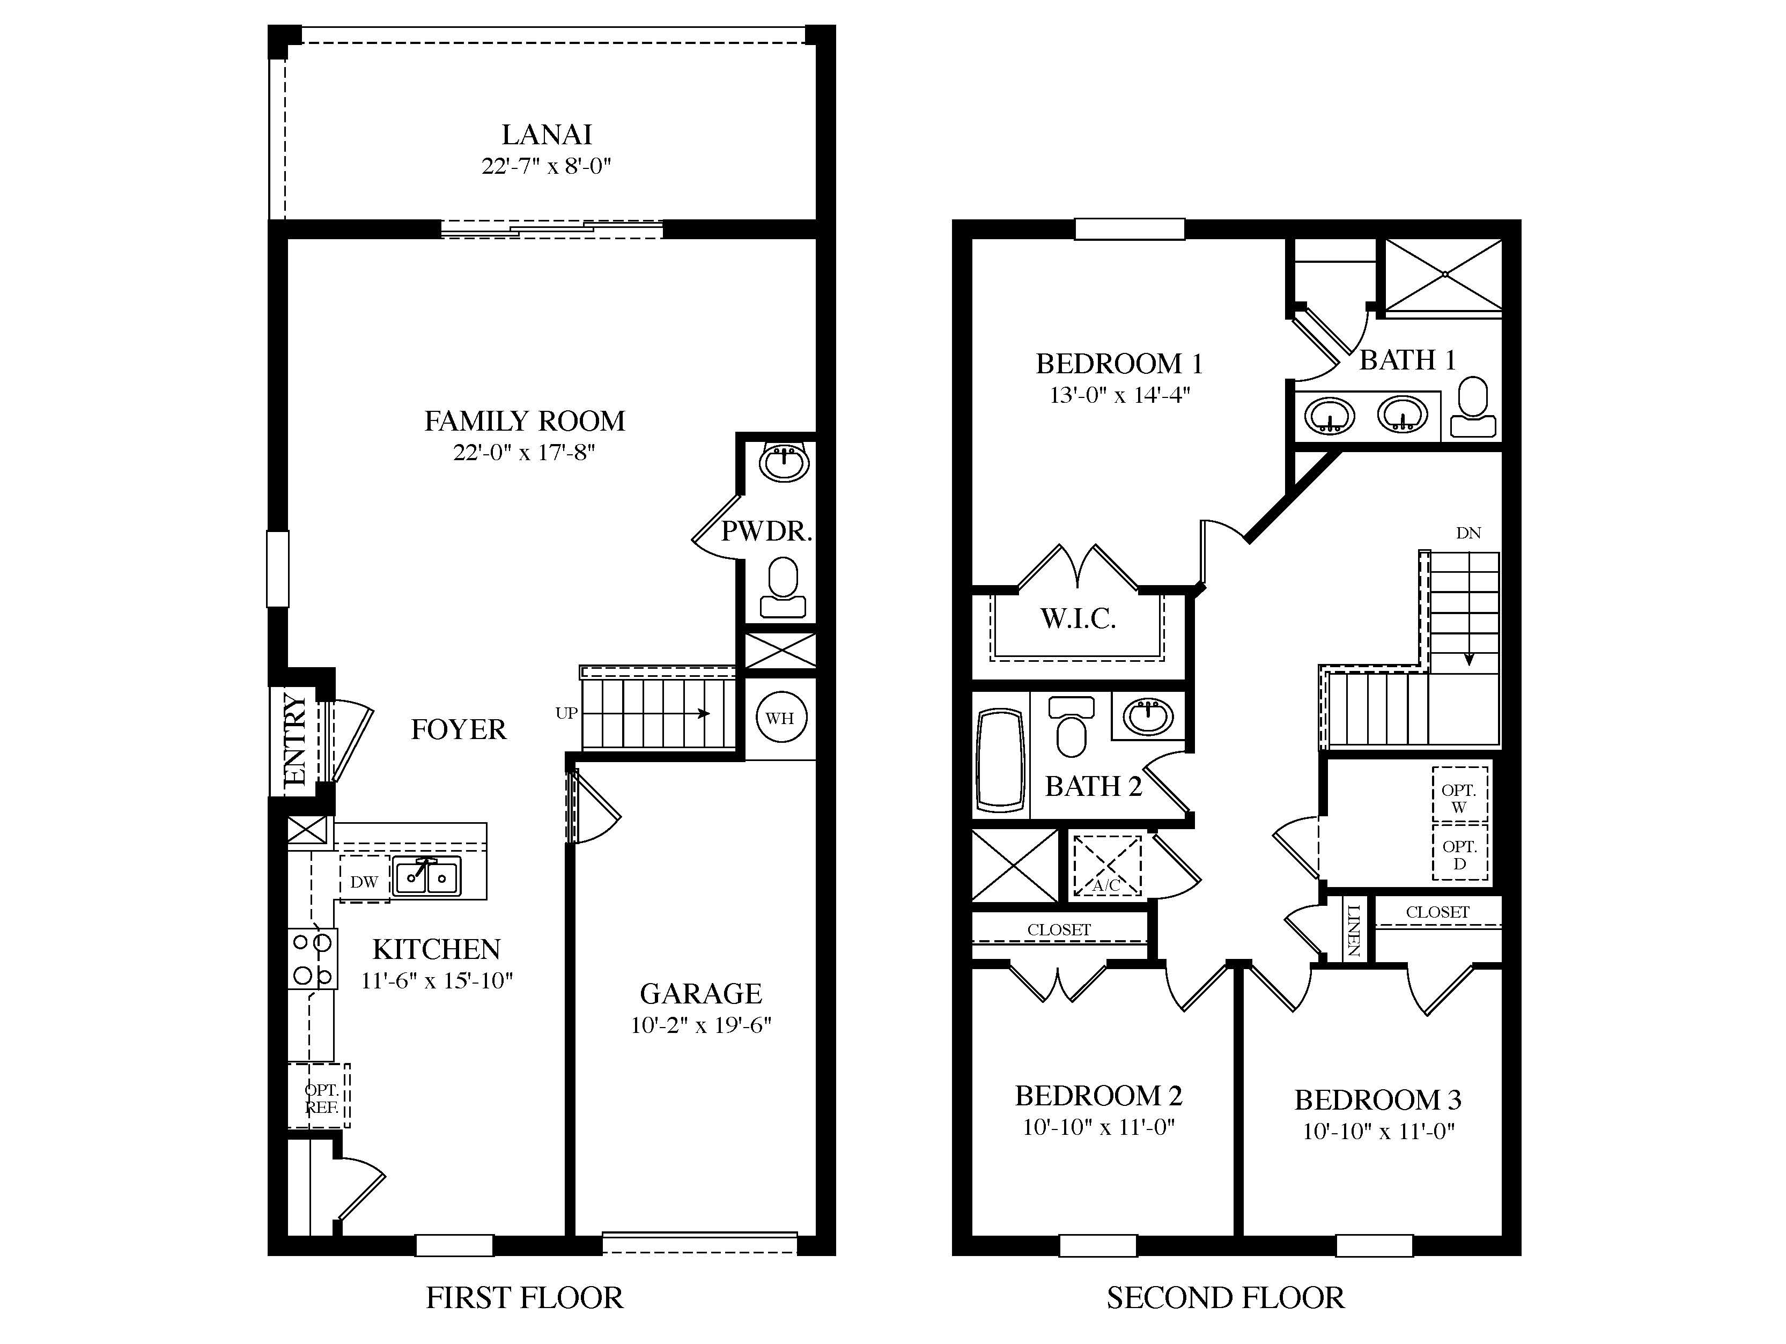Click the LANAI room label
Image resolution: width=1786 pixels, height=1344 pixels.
pyautogui.click(x=547, y=135)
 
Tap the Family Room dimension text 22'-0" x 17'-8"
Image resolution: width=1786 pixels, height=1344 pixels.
pyautogui.click(x=523, y=453)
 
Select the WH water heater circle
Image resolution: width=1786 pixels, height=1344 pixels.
pyautogui.click(x=780, y=718)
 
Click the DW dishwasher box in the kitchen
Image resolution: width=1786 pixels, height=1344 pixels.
pyautogui.click(x=364, y=882)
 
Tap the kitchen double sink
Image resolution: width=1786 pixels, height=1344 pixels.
pyautogui.click(x=426, y=877)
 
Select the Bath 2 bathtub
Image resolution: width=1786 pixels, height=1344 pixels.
pyautogui.click(x=1000, y=759)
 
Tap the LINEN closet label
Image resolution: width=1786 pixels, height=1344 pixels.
pyautogui.click(x=1354, y=931)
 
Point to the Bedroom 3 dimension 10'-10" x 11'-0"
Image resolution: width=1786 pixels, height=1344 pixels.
pyautogui.click(x=1378, y=1132)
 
